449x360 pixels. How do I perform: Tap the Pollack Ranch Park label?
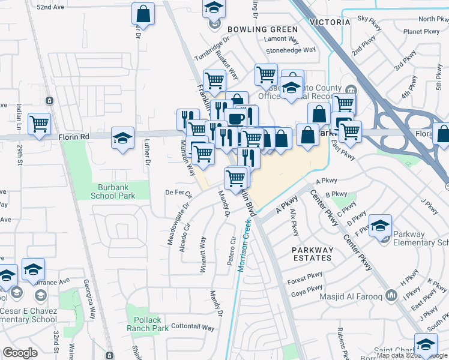pos(147,324)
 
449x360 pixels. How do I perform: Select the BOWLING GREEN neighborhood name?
pos(262,29)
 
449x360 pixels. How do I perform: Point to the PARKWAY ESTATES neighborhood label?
pos(312,254)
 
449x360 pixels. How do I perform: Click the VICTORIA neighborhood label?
pos(330,22)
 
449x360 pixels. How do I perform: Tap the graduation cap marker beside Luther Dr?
pos(122,139)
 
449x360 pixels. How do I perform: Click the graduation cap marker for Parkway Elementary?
pos(380,226)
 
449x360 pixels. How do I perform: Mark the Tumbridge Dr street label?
pos(212,50)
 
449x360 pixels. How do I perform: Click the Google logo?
pos(20,353)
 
